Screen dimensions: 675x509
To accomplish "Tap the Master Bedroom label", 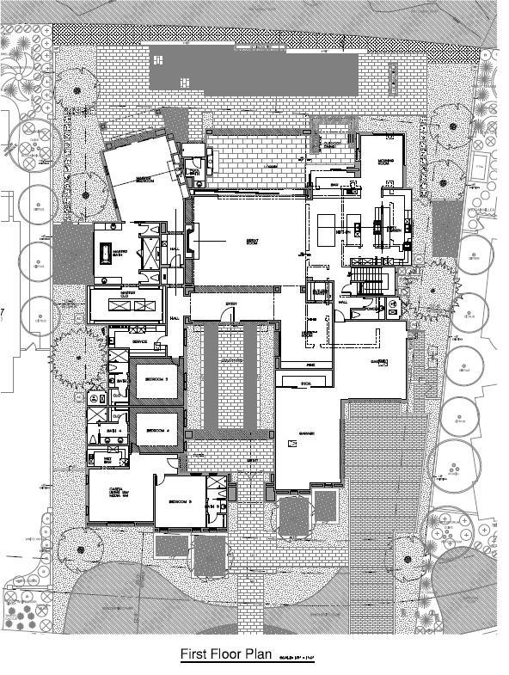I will tap(137, 180).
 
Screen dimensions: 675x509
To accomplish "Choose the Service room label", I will tap(139, 342).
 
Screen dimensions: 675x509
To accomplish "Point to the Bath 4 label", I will tap(113, 426).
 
